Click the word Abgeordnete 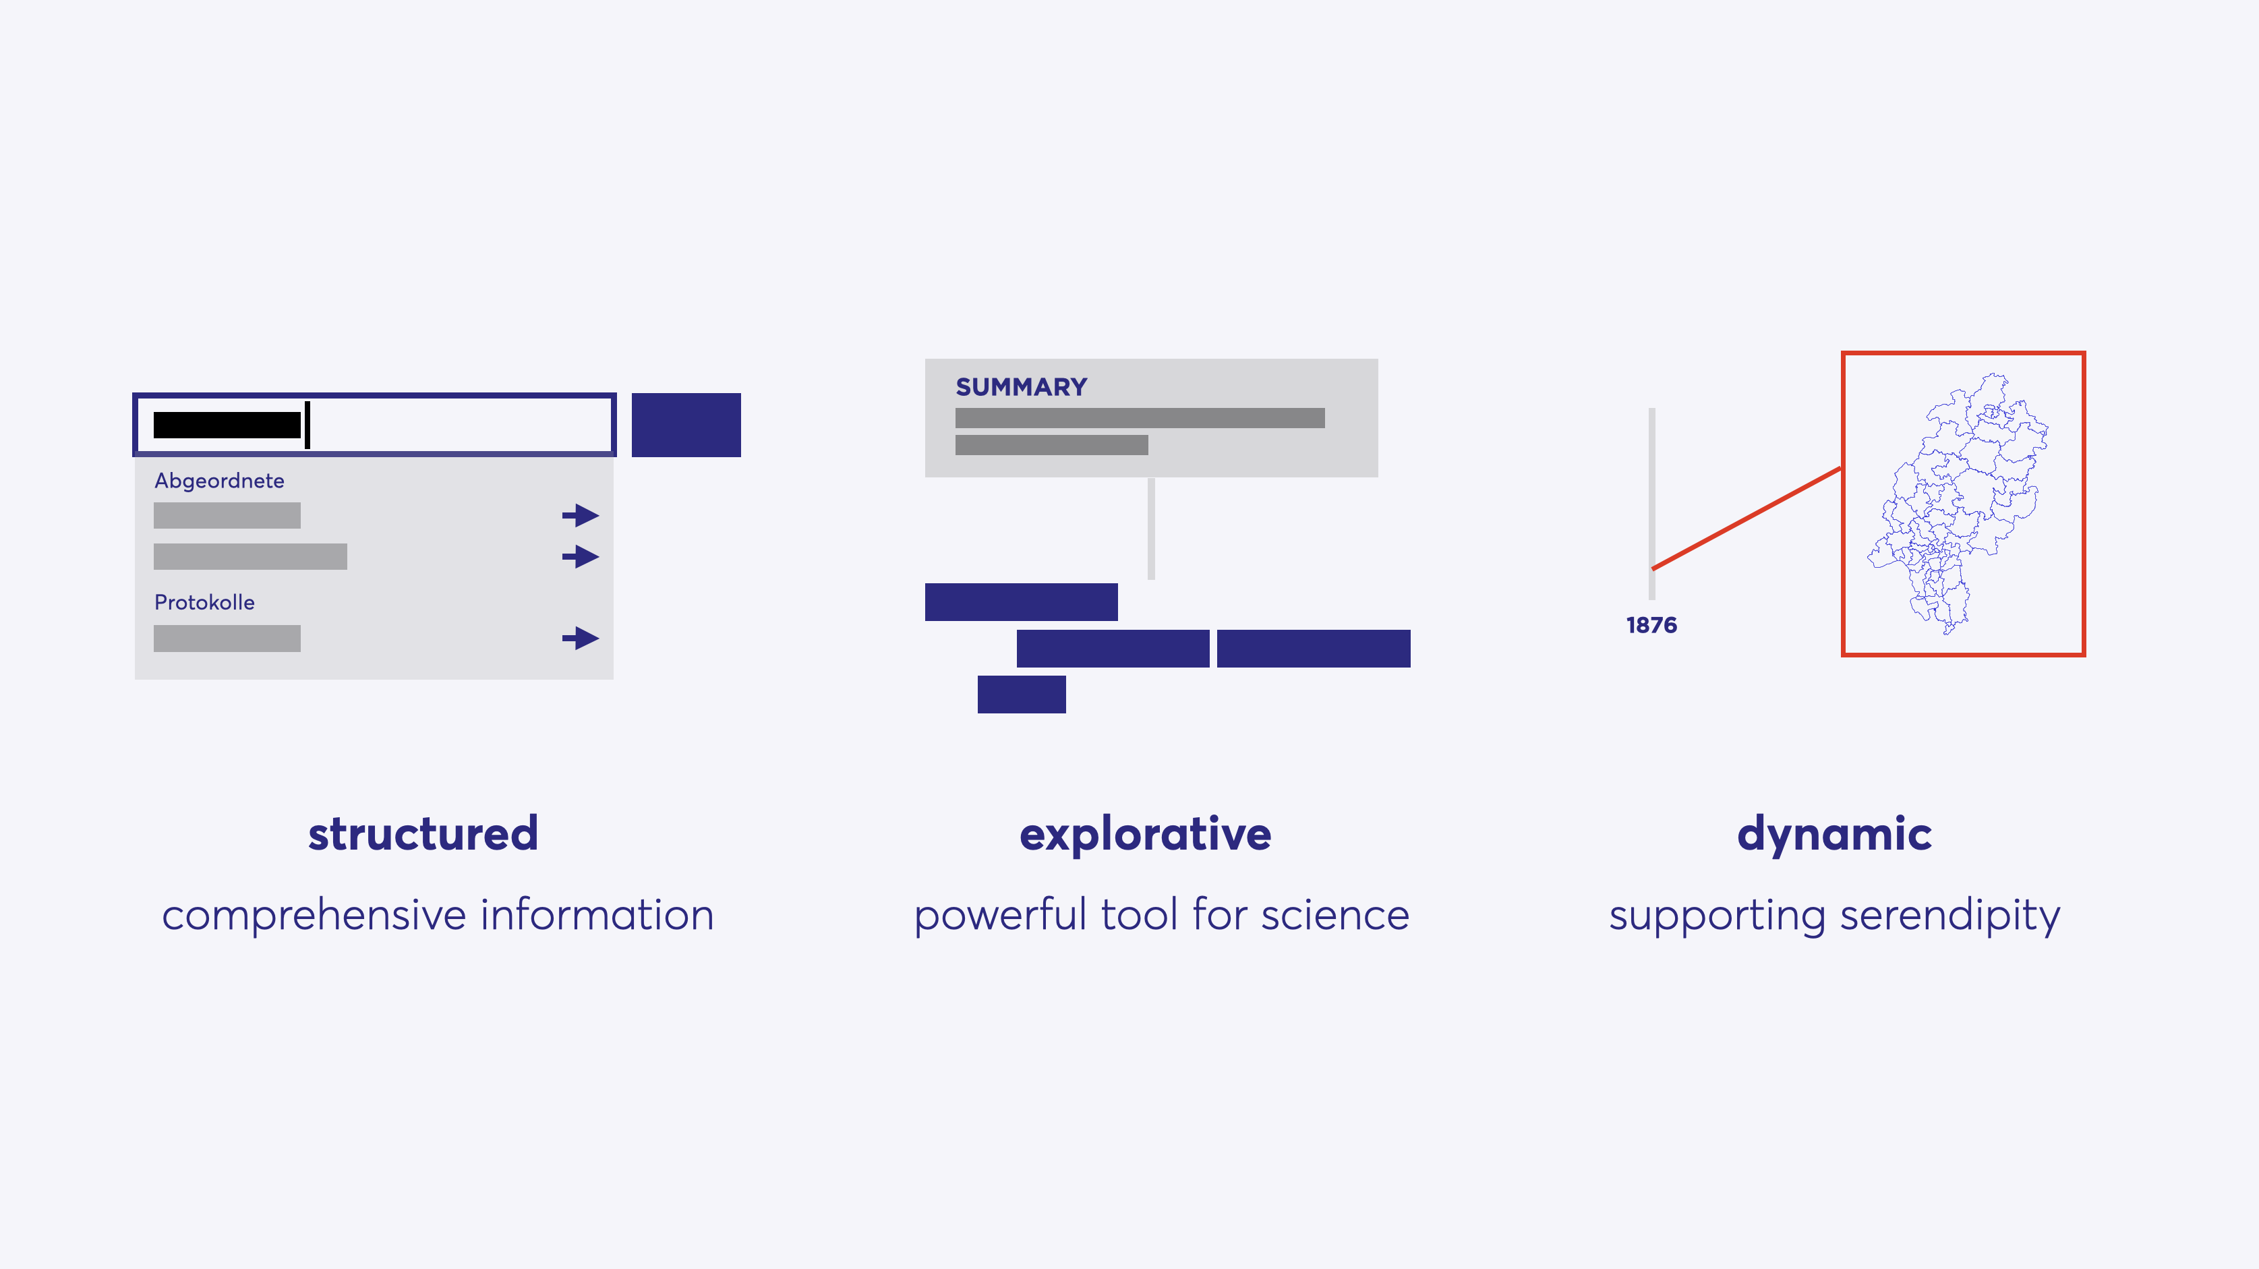(219, 481)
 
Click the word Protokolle (204, 603)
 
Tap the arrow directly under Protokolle (581, 638)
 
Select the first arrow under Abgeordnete (581, 514)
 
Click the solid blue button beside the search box (686, 425)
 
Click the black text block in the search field (227, 425)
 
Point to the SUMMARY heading (1021, 387)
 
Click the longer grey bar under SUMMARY (1140, 417)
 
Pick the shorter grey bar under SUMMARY (1051, 444)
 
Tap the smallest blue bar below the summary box (1022, 694)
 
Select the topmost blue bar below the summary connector (1021, 601)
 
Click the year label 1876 (1651, 625)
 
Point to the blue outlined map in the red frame (1958, 504)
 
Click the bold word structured (423, 833)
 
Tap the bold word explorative (1145, 835)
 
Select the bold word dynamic (1835, 835)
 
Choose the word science (1336, 915)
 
